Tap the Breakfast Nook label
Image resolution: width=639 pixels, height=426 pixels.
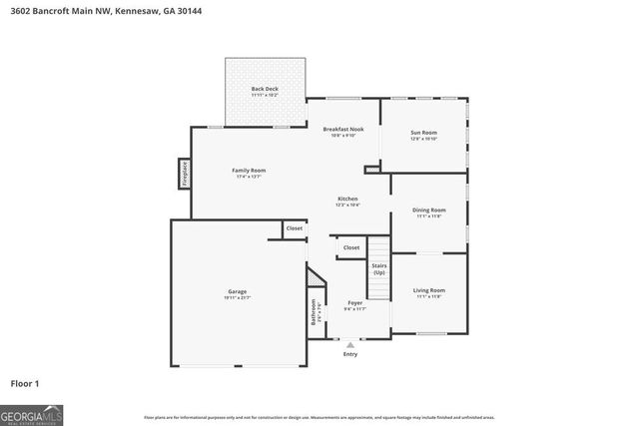point(342,130)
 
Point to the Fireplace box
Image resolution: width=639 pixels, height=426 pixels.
point(184,174)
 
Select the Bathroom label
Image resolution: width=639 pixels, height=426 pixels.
point(314,313)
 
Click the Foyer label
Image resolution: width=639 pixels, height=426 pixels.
point(354,303)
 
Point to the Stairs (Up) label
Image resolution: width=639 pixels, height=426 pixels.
point(378,268)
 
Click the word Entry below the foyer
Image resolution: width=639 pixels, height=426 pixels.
point(350,353)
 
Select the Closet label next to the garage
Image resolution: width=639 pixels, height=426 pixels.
point(295,228)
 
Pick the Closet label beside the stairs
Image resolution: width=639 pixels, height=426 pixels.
point(351,247)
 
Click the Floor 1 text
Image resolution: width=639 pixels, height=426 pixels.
point(25,383)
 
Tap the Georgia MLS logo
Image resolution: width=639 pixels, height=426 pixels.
point(31,412)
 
